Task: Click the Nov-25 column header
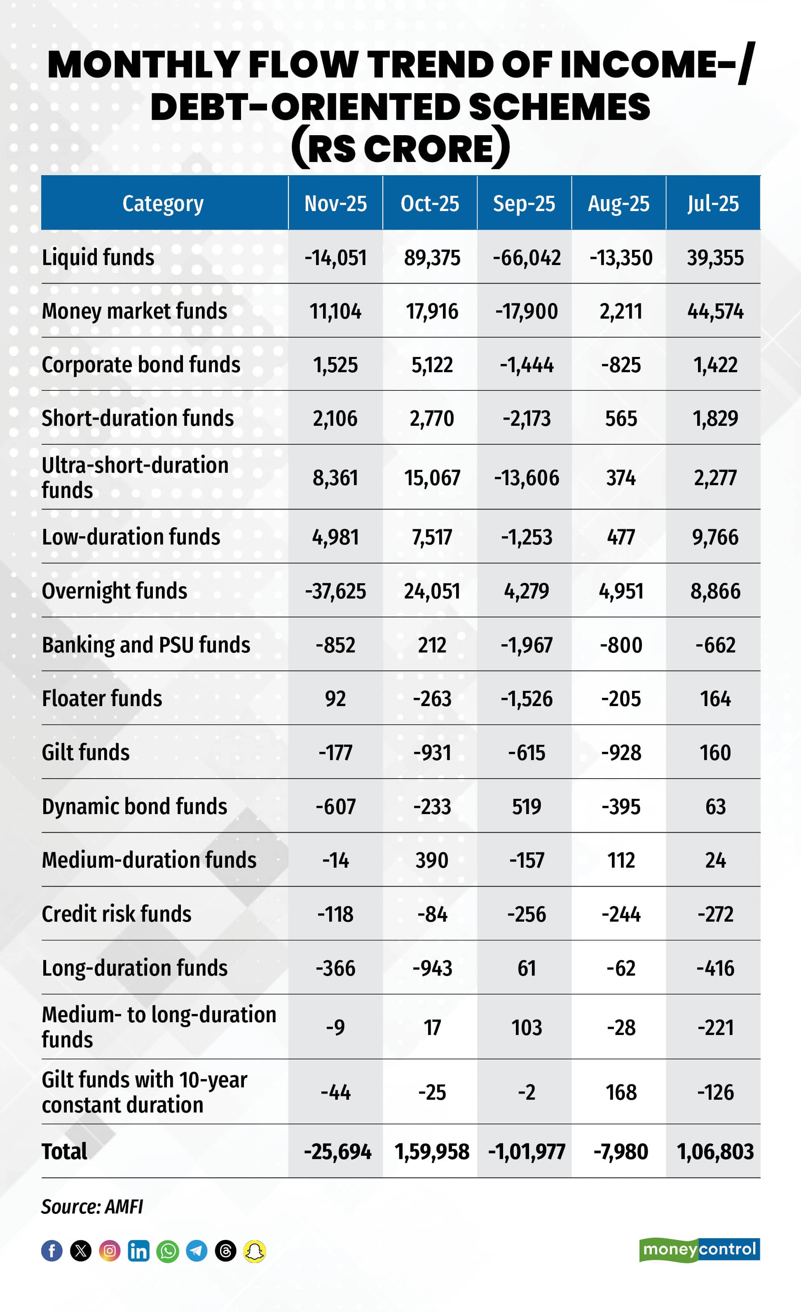tap(335, 203)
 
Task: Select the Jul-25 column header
tap(713, 203)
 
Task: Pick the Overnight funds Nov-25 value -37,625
tap(335, 591)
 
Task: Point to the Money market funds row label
tap(134, 311)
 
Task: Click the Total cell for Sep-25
tap(526, 1152)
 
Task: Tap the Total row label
tap(64, 1151)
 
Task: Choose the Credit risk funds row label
tap(117, 914)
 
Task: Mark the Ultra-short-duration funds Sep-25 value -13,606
tap(526, 478)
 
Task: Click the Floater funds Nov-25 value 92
tap(335, 699)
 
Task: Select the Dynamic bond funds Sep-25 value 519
tap(526, 807)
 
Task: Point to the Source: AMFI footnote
tap(91, 1206)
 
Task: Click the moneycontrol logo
tap(699, 1250)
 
